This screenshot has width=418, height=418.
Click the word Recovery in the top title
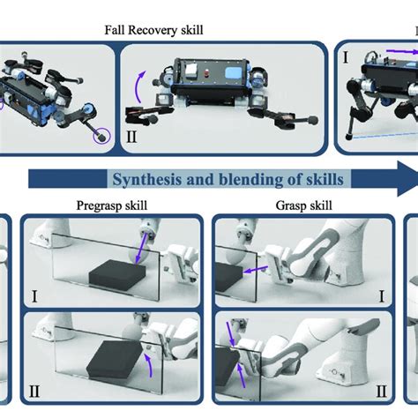(153, 30)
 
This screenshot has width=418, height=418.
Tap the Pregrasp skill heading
(112, 205)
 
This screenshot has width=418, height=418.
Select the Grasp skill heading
(304, 205)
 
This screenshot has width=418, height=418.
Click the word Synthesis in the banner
(148, 179)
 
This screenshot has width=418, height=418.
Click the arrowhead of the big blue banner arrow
(407, 178)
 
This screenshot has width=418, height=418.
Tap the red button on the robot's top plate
(206, 72)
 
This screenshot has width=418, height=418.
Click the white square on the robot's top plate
(190, 70)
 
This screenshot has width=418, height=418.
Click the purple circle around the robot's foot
(101, 136)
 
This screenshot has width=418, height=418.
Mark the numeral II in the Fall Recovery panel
(131, 137)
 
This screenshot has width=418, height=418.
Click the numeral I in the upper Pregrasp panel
(34, 296)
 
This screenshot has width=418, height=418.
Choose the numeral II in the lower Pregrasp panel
(34, 392)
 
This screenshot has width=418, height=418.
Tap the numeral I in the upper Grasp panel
(382, 296)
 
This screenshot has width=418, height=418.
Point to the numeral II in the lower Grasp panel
(381, 392)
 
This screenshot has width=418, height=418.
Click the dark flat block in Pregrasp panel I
(117, 275)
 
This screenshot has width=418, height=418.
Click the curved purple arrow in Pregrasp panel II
(149, 365)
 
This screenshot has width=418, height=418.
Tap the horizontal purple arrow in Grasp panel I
(255, 270)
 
